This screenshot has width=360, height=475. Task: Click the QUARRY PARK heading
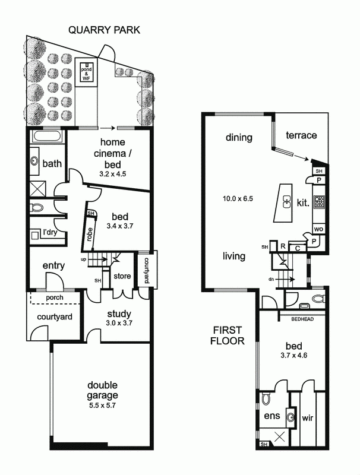pyautogui.click(x=104, y=30)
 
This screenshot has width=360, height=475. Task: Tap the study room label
pyautogui.click(x=119, y=313)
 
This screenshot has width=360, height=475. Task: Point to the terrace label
pyautogui.click(x=301, y=135)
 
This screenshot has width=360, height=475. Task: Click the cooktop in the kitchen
pyautogui.click(x=319, y=202)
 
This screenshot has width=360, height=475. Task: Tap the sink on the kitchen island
pyautogui.click(x=286, y=202)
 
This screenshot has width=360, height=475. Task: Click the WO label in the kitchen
pyautogui.click(x=318, y=229)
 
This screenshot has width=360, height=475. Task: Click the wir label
pyautogui.click(x=308, y=417)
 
